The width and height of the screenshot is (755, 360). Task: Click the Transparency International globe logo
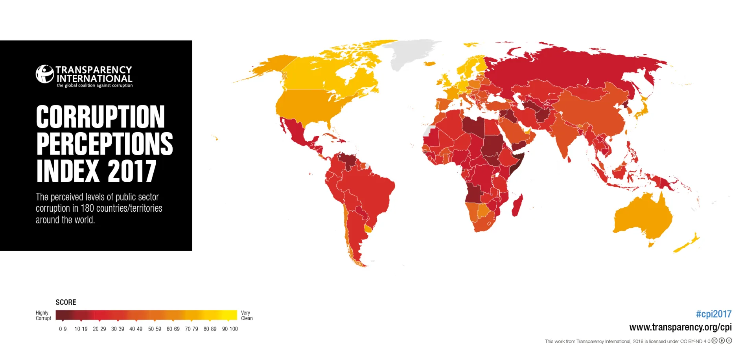[x=44, y=74]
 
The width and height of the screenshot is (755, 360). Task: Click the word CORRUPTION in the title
[x=100, y=117]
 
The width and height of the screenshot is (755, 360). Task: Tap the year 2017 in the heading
[x=132, y=171]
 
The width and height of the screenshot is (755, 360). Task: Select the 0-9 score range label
[x=63, y=329]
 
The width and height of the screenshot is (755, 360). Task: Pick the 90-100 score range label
[x=230, y=329]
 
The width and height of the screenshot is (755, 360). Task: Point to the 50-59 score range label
[x=155, y=329]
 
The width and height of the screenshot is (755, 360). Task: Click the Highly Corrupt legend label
[x=43, y=316]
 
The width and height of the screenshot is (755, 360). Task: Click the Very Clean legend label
[x=247, y=316]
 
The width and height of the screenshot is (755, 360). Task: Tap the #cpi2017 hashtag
[x=713, y=314]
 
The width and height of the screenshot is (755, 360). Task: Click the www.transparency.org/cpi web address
[x=680, y=327]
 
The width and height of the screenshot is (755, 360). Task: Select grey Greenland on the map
[x=411, y=53]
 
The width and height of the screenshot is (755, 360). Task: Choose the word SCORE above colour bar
[x=66, y=302]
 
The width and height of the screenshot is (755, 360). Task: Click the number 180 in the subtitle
[x=87, y=208]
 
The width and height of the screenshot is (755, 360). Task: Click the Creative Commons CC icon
[x=714, y=341]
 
